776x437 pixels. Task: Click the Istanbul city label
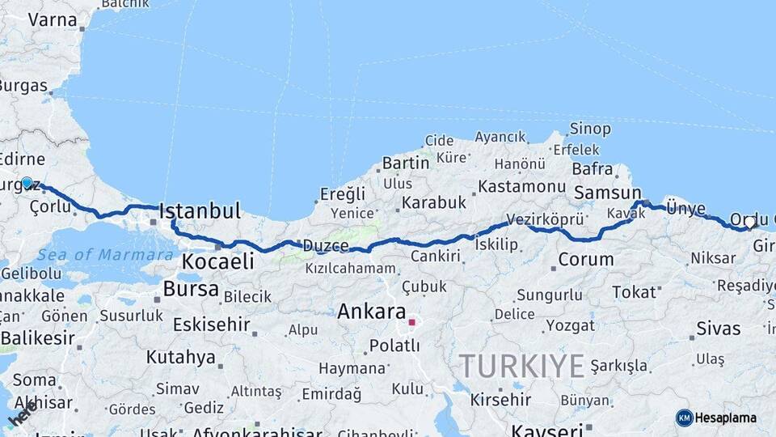tap(200, 212)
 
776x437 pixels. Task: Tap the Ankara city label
tap(371, 312)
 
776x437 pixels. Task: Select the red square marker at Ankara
tap(411, 322)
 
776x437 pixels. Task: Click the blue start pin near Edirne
tap(27, 183)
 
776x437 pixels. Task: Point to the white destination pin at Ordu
tap(750, 222)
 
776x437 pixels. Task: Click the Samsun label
tap(607, 193)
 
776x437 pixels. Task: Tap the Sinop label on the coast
tap(590, 129)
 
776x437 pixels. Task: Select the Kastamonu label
tap(521, 187)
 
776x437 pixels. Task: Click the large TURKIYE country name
tap(521, 367)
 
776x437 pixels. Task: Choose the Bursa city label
tap(191, 289)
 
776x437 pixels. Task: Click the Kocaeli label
tap(217, 261)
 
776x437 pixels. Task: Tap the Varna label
tap(52, 19)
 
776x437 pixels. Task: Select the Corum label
tap(586, 261)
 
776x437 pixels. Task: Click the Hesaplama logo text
tap(727, 418)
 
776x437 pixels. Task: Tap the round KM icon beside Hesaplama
tap(685, 418)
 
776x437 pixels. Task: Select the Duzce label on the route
tap(326, 246)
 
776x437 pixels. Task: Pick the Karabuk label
tap(434, 202)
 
